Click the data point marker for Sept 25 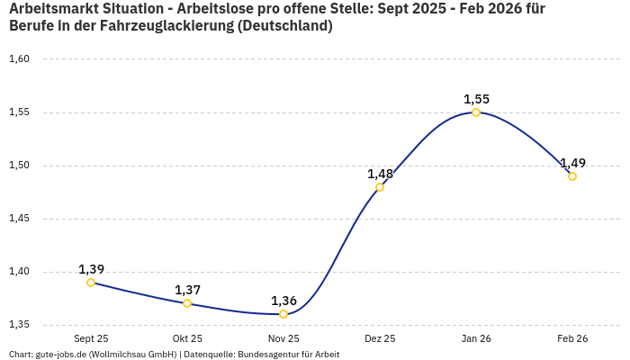point(91,283)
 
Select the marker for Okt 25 point(187,303)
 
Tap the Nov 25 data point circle point(283,314)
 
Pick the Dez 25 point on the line point(380,187)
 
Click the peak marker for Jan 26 point(476,112)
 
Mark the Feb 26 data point point(572,176)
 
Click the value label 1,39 point(91,269)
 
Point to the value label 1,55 point(476,99)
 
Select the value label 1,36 point(283,301)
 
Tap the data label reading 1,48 point(380,174)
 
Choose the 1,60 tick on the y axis point(19,59)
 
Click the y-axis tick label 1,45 point(19,219)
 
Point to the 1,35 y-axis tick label point(19,325)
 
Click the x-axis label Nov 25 point(283,339)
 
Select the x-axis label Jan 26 point(476,339)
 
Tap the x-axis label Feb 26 point(572,339)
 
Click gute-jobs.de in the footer point(67,355)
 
